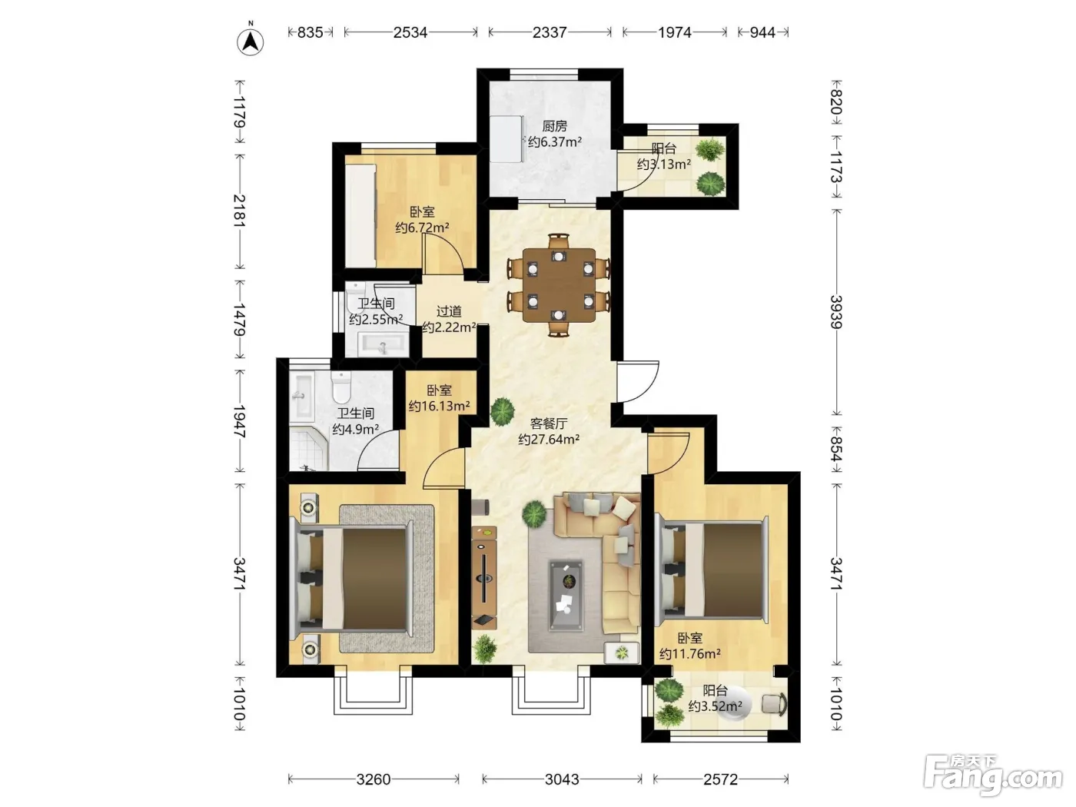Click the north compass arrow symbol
[251, 42]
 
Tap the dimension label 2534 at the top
[410, 32]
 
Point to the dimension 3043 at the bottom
[562, 779]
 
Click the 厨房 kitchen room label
[554, 126]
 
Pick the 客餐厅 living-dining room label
[549, 423]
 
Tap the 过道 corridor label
[449, 311]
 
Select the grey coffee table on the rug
[566, 596]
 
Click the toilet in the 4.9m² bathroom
[341, 386]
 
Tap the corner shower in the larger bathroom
[307, 448]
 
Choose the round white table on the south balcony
[734, 704]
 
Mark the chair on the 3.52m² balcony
[775, 704]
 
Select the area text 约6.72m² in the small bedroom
[422, 227]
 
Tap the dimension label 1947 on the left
[239, 421]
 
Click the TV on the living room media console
[484, 578]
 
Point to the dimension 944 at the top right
[762, 32]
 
